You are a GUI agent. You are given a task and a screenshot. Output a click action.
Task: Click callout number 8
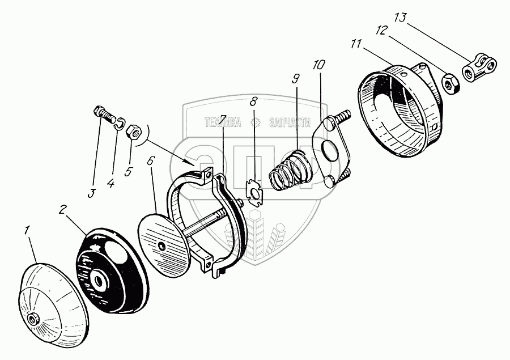tap(253, 103)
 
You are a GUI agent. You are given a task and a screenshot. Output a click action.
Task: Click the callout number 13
tap(400, 18)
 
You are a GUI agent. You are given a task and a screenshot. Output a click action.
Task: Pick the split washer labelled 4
tap(120, 124)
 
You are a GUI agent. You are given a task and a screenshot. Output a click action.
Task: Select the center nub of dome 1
tap(35, 319)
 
